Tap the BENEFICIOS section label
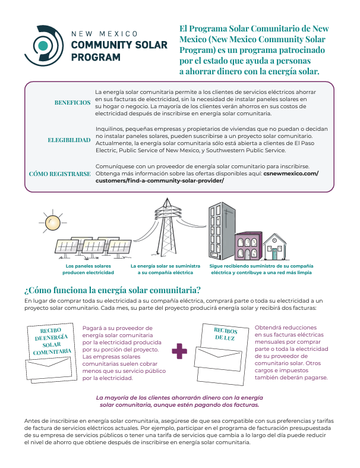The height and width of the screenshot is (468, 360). pos(72,102)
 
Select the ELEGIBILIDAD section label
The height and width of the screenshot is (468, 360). pos(69,140)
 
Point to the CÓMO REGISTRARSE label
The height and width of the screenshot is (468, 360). pos(60,174)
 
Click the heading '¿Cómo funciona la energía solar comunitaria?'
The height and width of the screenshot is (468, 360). pos(112,290)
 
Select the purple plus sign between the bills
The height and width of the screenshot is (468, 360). pos(179,351)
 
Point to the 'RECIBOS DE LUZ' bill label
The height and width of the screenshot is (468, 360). pos(225,334)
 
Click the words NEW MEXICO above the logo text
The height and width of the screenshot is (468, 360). pos(104,34)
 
